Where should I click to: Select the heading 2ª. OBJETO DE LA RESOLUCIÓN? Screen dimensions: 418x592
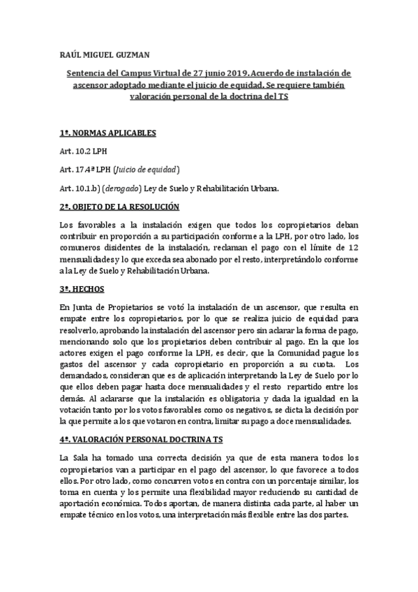click(119, 207)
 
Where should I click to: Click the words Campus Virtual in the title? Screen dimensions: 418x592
click(149, 73)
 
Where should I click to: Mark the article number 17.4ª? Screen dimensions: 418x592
click(88, 170)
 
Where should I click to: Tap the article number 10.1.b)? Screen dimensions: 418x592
click(91, 188)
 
